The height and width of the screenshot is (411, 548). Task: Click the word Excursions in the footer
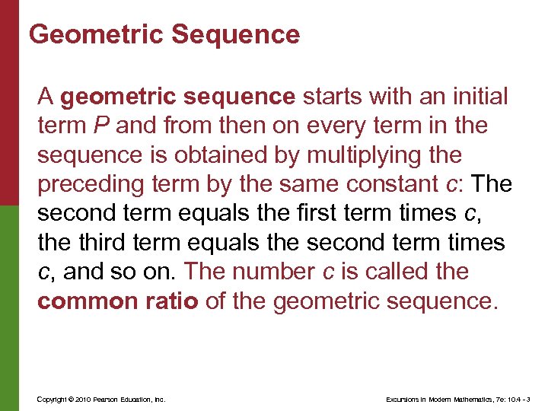point(403,399)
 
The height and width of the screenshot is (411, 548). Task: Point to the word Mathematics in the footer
point(474,399)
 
